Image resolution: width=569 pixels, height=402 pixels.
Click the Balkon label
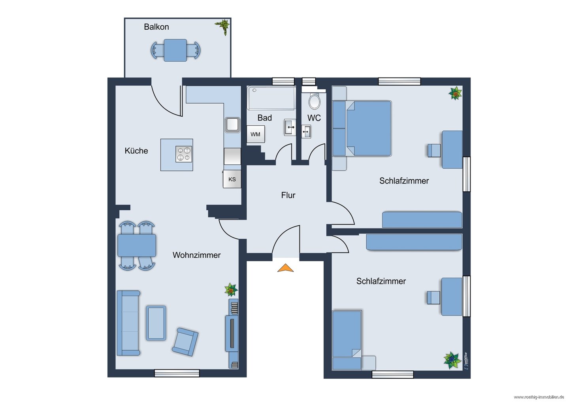point(156,27)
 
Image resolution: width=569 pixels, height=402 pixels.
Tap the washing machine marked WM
point(256,134)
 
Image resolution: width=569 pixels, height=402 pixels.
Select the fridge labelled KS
point(232,179)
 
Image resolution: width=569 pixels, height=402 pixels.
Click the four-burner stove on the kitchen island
point(184,154)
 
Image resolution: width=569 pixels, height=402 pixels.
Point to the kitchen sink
point(232,125)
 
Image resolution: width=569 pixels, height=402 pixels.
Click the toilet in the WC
point(315,101)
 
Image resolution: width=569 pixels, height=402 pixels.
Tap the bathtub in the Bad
point(271,98)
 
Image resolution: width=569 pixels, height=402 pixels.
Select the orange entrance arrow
point(285,268)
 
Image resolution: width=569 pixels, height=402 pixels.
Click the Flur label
point(288,195)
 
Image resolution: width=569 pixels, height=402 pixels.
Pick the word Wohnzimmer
point(196,255)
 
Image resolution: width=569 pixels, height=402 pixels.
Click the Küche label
point(136,151)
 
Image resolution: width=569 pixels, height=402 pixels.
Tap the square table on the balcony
point(175,50)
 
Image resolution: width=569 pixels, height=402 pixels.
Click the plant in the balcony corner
point(223,27)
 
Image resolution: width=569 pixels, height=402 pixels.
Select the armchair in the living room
point(185,342)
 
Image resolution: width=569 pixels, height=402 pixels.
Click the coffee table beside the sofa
point(156,323)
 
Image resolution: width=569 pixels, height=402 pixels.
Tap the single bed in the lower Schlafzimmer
point(347,340)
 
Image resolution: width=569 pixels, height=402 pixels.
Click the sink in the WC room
point(306,131)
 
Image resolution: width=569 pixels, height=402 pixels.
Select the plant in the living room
point(231,290)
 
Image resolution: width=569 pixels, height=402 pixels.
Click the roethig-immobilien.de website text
point(541,397)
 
